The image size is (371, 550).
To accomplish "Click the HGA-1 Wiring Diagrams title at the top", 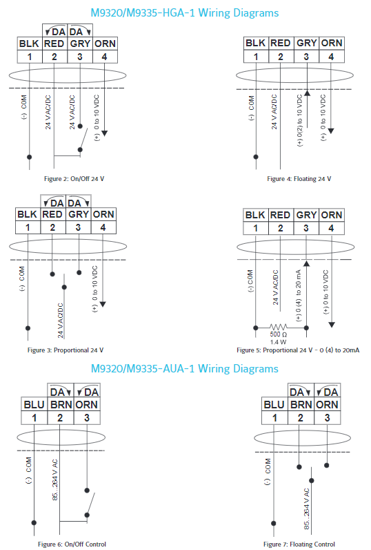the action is [x=184, y=13].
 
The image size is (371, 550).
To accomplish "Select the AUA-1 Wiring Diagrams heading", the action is [x=184, y=369].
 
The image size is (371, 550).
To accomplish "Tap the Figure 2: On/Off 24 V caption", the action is [x=74, y=179].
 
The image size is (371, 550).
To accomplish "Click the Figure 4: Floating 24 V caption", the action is [x=299, y=179].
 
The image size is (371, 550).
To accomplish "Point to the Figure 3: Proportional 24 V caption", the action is [x=66, y=350].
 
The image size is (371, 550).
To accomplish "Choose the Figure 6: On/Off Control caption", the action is [x=72, y=544].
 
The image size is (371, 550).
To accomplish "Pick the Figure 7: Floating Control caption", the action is [x=299, y=544].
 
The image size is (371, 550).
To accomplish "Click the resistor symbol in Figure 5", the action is [x=279, y=328].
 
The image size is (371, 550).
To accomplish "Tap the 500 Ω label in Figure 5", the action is [x=279, y=334].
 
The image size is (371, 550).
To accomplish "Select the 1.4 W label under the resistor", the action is [x=279, y=342].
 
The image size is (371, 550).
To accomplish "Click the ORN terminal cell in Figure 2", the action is [x=105, y=44].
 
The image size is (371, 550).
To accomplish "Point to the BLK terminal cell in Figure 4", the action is [x=256, y=43].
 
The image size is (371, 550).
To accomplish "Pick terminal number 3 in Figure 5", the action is [x=306, y=228].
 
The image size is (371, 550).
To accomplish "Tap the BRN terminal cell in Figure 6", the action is [x=61, y=405].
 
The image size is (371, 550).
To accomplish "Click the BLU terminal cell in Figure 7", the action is [x=274, y=405].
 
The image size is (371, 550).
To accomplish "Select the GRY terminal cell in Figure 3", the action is [x=79, y=214].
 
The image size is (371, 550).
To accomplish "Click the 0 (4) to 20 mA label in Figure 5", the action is [x=298, y=296].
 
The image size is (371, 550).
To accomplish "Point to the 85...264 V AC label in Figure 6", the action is [x=54, y=480].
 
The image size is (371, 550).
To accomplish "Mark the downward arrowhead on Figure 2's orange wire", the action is [x=104, y=133].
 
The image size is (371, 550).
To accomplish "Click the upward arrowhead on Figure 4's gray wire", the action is [x=307, y=93].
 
